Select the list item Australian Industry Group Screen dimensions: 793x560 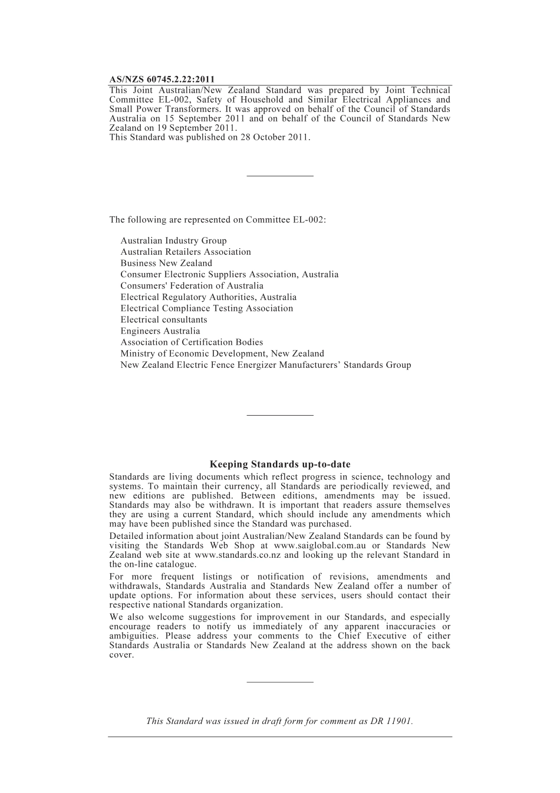click(x=173, y=241)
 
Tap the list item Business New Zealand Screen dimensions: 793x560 click(x=166, y=263)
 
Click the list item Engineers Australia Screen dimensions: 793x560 click(x=160, y=331)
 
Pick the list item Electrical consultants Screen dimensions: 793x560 click(x=164, y=320)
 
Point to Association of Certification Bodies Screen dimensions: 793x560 click(x=192, y=342)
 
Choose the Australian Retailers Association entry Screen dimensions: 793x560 click(x=186, y=252)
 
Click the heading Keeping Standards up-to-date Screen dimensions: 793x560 click(x=280, y=465)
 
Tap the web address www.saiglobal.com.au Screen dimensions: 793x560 click(x=315, y=545)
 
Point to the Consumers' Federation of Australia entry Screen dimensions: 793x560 click(x=192, y=286)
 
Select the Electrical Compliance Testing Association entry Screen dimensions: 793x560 click(x=206, y=308)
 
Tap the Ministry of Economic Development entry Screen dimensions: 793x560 click(x=222, y=354)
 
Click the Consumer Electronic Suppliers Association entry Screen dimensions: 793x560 click(x=229, y=274)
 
